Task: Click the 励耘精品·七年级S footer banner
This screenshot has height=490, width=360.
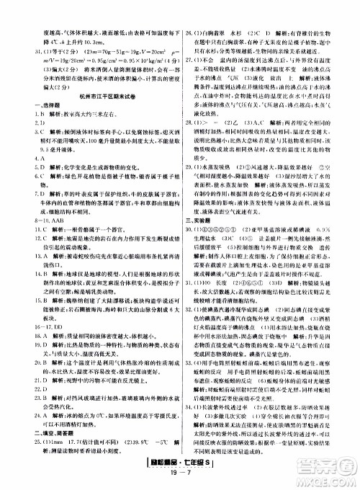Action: pyautogui.click(x=180, y=468)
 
